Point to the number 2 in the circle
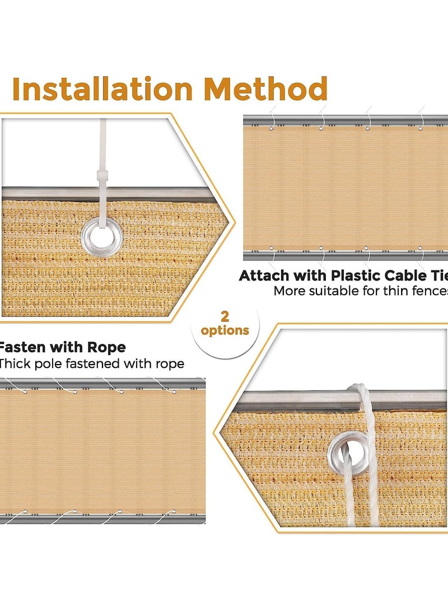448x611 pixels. click(x=225, y=316)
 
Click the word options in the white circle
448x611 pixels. click(x=225, y=330)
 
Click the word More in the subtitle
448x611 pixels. click(x=288, y=291)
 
